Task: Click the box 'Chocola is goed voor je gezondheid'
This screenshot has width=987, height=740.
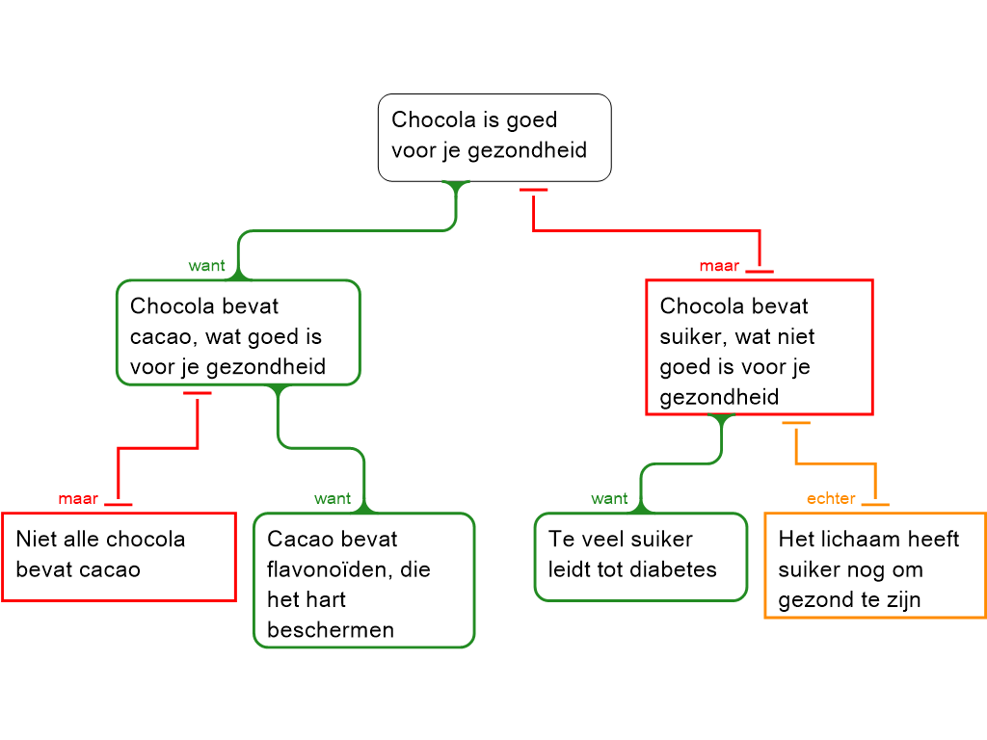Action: [x=494, y=137]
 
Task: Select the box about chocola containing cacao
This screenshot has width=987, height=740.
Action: [x=238, y=332]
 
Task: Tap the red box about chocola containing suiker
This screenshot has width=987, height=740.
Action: [x=759, y=347]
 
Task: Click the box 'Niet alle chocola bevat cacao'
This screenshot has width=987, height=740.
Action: [x=119, y=556]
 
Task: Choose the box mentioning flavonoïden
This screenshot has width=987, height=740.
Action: [x=363, y=580]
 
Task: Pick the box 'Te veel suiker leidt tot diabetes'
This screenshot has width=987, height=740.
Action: [x=640, y=556]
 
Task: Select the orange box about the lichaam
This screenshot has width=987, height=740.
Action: [x=874, y=565]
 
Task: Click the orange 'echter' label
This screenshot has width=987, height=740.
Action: [x=831, y=498]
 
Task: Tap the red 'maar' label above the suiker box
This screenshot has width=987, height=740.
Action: [x=719, y=266]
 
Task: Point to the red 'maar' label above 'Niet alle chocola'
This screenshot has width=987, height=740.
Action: [x=78, y=498]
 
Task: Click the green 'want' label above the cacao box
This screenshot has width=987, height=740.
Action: [x=207, y=266]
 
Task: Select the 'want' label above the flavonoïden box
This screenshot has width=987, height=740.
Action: [x=333, y=498]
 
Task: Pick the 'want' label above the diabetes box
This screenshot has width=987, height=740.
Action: [x=609, y=498]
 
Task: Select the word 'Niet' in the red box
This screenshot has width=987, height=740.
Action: [x=36, y=539]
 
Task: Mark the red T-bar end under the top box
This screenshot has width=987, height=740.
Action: [x=533, y=191]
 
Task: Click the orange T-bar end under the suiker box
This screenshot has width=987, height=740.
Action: [x=796, y=423]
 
